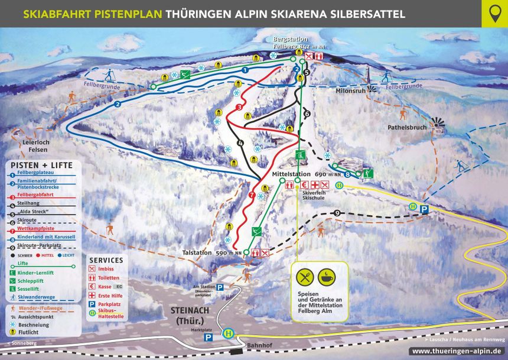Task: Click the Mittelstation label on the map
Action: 291,175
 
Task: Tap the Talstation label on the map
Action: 197,252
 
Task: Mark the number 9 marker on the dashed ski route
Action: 337,213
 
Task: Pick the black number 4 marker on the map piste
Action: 240,143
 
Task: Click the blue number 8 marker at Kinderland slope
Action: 347,174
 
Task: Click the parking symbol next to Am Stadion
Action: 220,287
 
